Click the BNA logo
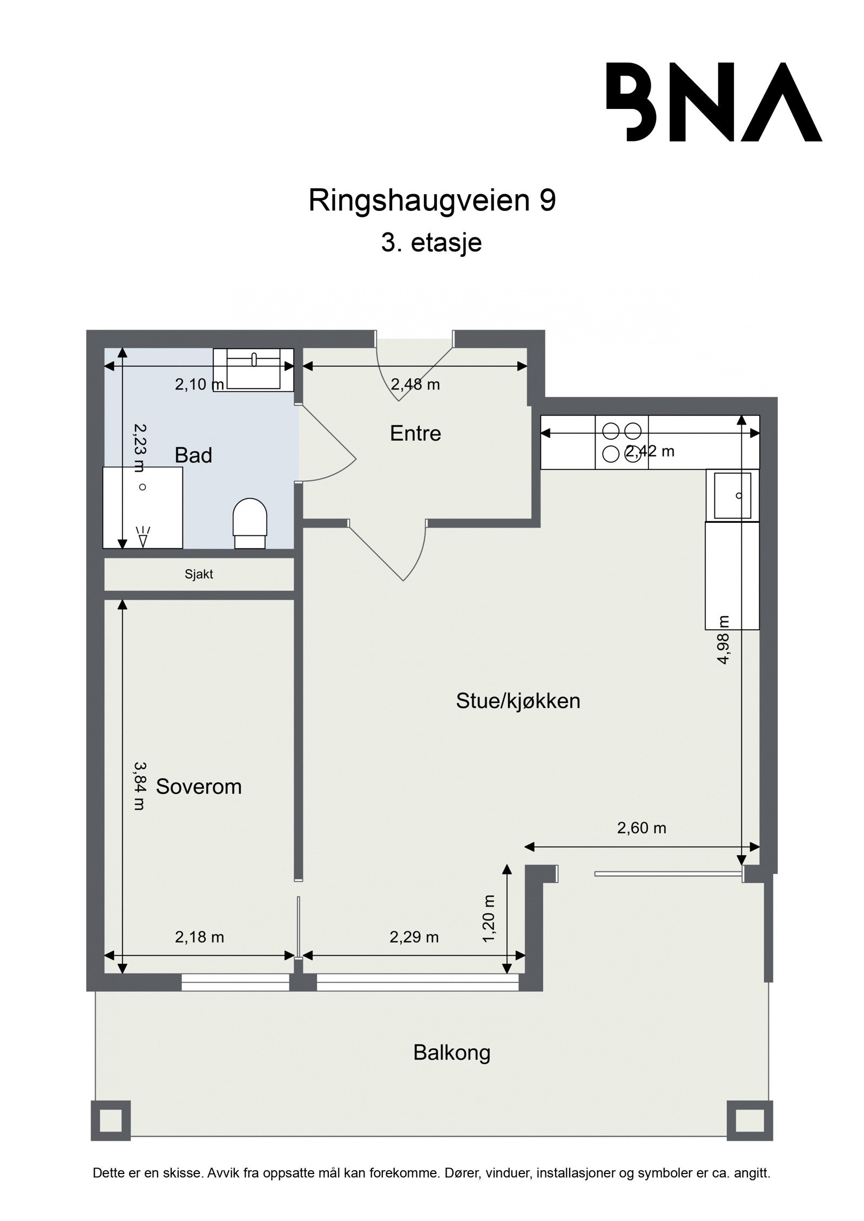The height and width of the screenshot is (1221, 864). click(x=713, y=102)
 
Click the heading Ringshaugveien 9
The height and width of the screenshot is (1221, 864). click(x=431, y=201)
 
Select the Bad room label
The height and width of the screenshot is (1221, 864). click(x=193, y=455)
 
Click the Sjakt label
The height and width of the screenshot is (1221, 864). click(x=199, y=575)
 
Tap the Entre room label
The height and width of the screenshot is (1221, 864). click(x=415, y=433)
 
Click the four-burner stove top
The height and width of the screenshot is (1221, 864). click(x=621, y=442)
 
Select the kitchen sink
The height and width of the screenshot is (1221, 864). click(x=732, y=495)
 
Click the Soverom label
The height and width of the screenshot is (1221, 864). click(x=198, y=787)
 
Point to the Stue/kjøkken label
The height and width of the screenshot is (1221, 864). click(x=518, y=701)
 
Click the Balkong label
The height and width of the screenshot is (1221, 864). click(x=451, y=1052)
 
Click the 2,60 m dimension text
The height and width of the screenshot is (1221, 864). click(x=642, y=828)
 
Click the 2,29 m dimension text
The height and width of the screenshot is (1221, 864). click(x=414, y=937)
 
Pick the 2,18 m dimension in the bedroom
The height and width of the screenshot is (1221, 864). click(x=199, y=937)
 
